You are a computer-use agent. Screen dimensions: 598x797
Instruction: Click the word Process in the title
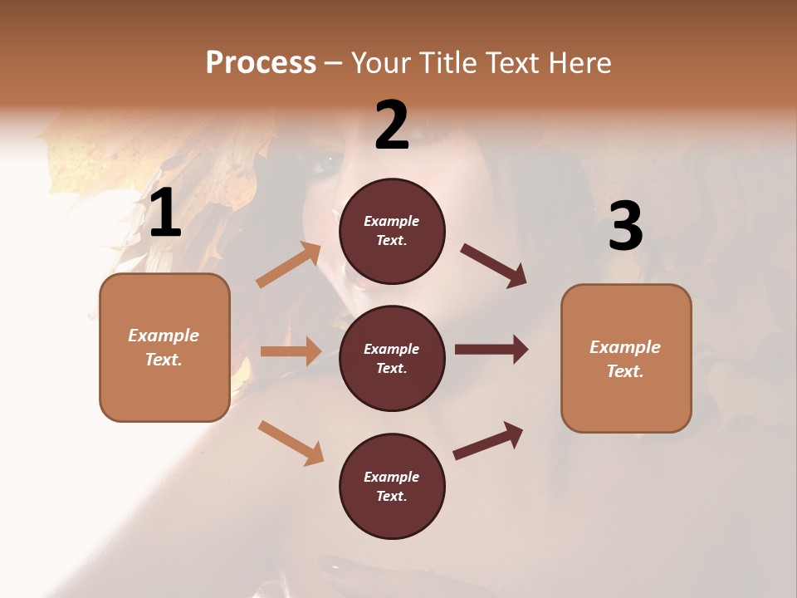click(x=261, y=62)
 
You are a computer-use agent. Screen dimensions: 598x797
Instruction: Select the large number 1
click(x=165, y=214)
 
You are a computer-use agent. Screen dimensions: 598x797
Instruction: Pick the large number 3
click(x=625, y=228)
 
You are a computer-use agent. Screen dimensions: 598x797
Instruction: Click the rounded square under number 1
click(x=164, y=347)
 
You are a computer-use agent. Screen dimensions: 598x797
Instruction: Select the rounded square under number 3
click(x=626, y=358)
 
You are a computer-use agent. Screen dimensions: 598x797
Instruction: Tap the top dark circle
click(x=392, y=231)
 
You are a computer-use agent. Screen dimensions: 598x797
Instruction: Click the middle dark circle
click(x=392, y=358)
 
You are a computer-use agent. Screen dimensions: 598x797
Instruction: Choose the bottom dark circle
click(x=392, y=486)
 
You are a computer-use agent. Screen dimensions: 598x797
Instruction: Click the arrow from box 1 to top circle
click(x=289, y=266)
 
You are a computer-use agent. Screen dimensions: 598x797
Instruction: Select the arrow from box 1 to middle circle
click(x=291, y=351)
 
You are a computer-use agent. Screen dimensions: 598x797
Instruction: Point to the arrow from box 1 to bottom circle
click(x=291, y=443)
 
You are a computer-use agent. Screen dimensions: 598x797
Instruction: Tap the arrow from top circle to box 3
click(x=493, y=266)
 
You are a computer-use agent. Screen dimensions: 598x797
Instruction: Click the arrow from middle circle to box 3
click(x=491, y=350)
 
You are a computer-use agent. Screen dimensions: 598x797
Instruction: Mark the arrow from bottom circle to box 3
click(x=488, y=440)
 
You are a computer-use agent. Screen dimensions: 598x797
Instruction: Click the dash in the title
click(x=334, y=64)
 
